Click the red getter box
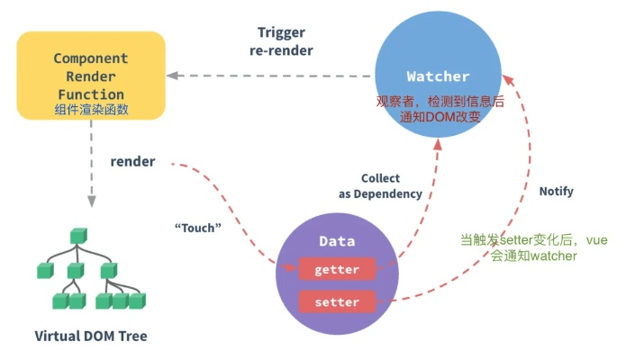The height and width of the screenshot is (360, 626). [x=337, y=270]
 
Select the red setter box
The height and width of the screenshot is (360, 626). [x=337, y=301]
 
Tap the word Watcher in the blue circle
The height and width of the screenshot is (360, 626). [x=439, y=76]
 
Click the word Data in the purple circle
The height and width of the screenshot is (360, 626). [x=337, y=241]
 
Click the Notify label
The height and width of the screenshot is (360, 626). [x=556, y=192]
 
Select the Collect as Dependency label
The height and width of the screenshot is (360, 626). [x=380, y=186]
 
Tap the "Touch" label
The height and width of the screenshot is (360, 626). [x=197, y=228]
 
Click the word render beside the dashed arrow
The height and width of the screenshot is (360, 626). [x=132, y=162]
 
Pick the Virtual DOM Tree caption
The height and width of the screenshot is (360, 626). [x=90, y=337]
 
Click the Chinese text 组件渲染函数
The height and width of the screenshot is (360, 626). [x=90, y=111]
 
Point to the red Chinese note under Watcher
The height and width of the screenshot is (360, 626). [x=439, y=109]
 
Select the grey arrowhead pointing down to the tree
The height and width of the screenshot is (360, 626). [x=90, y=202]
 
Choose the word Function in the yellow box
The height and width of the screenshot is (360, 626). [x=89, y=94]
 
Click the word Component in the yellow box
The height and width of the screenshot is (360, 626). [x=90, y=58]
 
